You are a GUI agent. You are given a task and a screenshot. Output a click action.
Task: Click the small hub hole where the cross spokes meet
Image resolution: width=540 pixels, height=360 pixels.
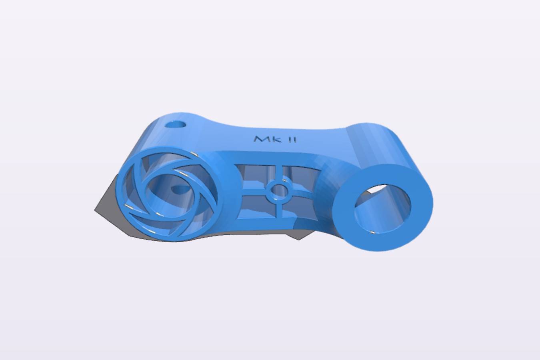pos(279,192)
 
